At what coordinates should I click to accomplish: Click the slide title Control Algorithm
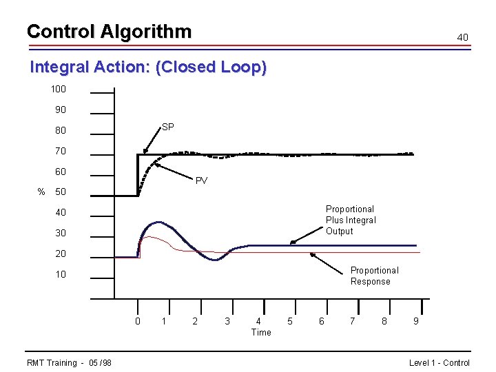point(109,32)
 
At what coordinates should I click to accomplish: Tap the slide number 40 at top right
point(463,37)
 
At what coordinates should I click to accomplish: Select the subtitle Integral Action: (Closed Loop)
point(148,68)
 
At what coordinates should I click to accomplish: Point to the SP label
point(167,127)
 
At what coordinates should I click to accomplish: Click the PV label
point(201,181)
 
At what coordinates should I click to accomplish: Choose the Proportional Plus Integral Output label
point(351,220)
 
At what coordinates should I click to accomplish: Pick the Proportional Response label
point(374,276)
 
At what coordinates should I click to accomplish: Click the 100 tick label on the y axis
point(58,90)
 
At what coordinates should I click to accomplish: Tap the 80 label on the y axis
point(61,130)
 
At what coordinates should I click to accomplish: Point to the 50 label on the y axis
point(61,192)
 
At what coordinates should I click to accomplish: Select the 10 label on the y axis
point(61,274)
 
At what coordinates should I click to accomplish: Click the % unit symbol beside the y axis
point(41,192)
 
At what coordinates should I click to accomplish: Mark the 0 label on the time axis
point(138,321)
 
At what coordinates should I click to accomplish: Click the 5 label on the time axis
point(289,321)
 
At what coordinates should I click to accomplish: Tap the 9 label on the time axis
point(415,321)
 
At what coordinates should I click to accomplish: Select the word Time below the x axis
point(261,332)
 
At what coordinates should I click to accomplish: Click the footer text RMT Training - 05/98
point(69,363)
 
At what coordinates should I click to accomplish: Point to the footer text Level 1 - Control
point(439,363)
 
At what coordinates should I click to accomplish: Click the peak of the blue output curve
point(159,222)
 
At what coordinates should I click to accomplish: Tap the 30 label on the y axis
point(61,233)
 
